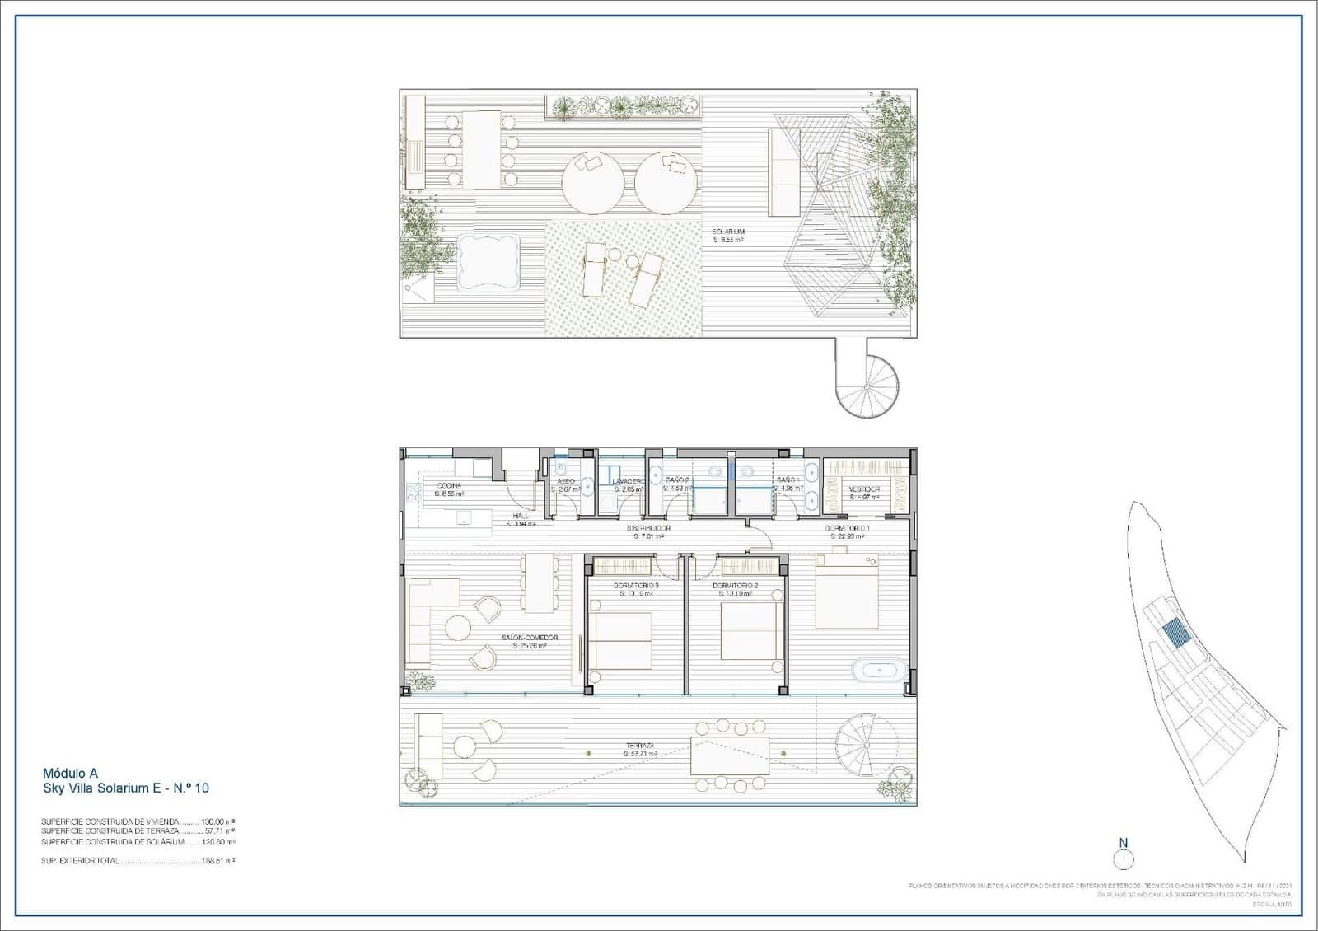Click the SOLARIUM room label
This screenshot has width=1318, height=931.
(x=728, y=232)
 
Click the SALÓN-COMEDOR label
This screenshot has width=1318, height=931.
(x=530, y=638)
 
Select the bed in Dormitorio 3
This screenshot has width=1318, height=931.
(x=620, y=640)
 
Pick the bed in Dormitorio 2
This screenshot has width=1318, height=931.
(x=751, y=631)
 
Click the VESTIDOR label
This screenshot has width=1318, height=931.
(x=864, y=489)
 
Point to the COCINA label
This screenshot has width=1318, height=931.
(x=450, y=486)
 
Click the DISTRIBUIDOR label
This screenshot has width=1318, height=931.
(x=647, y=528)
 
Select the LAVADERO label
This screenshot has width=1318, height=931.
(x=627, y=480)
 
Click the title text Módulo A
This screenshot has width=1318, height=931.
(x=70, y=773)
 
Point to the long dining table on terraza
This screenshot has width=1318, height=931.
(x=730, y=756)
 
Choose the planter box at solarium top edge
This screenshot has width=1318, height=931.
(x=624, y=105)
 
